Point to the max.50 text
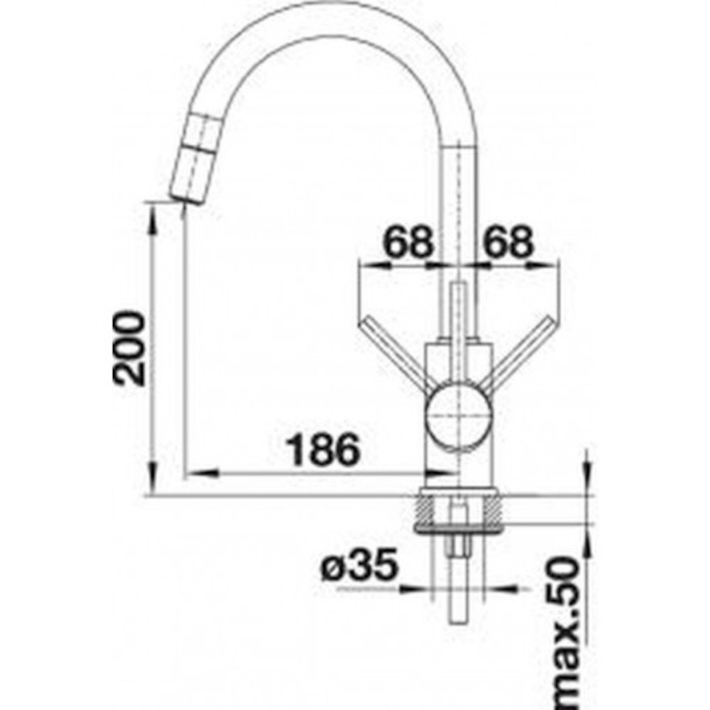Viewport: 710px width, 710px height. point(563,633)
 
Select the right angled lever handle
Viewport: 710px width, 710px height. point(523,352)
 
